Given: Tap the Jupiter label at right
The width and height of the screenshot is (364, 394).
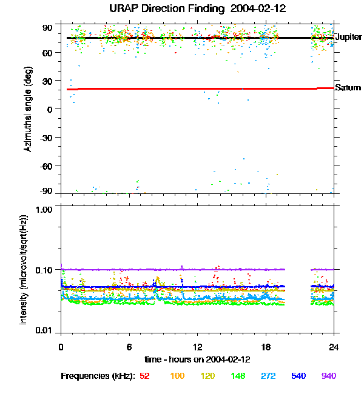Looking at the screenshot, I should [x=348, y=37].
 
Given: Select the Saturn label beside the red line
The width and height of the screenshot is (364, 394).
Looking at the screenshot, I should [x=348, y=88].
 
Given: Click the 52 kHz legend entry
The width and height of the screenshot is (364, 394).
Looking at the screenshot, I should [x=144, y=376].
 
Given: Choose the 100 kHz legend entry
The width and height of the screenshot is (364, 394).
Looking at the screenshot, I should [x=177, y=376].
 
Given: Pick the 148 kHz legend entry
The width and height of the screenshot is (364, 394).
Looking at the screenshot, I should [x=238, y=376].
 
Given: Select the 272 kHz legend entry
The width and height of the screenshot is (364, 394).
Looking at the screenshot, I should [x=268, y=376].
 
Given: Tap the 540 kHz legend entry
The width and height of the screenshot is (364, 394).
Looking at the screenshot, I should [x=298, y=376].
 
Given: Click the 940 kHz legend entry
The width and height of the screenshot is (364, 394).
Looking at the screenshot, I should [x=328, y=376].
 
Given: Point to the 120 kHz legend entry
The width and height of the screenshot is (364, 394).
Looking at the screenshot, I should [x=207, y=376].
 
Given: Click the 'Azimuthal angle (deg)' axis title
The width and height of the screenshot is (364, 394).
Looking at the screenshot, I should [x=28, y=109].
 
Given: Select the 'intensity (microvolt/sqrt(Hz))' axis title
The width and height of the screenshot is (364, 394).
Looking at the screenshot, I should [x=24, y=269].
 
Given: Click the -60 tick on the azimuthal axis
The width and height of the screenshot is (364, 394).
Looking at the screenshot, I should [x=47, y=165].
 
